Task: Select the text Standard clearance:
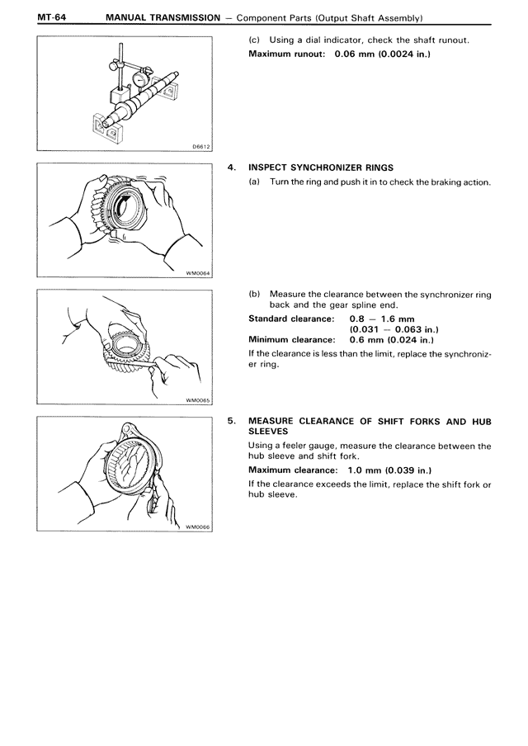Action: coord(291,319)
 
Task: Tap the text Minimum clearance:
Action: coord(291,340)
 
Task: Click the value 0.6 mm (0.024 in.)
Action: coord(392,340)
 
